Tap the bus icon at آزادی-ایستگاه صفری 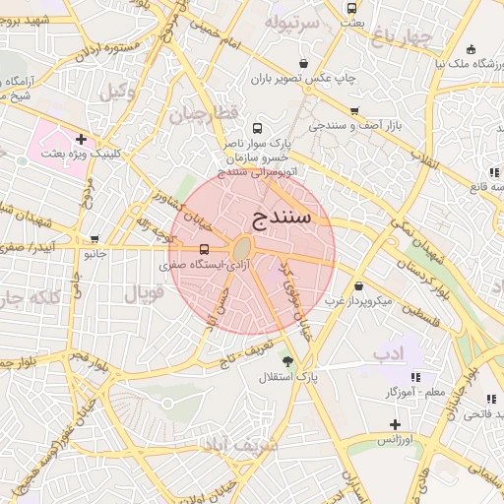[205, 249]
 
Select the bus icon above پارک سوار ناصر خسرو [258, 128]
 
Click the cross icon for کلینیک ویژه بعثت [81, 139]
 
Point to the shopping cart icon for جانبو [94, 239]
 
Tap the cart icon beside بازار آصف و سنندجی [354, 110]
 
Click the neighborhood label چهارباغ [402, 37]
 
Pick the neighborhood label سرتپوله [292, 21]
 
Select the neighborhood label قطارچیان [203, 114]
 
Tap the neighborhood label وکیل [118, 92]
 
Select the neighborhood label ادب [385, 352]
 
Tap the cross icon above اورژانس [395, 423]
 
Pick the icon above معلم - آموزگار [414, 377]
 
